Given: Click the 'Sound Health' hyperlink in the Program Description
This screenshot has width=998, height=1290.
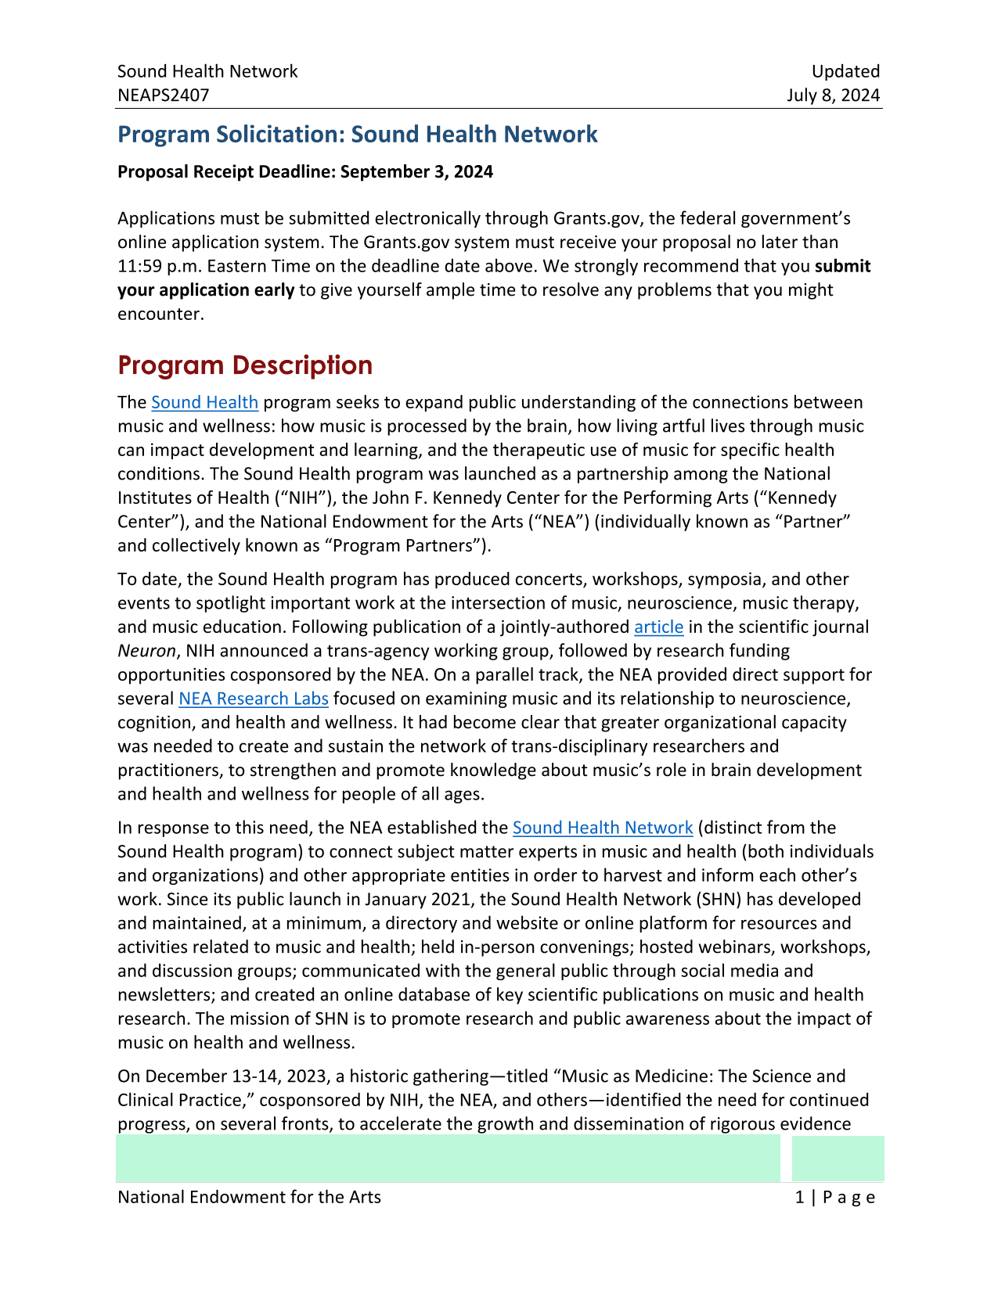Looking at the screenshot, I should click(x=204, y=402).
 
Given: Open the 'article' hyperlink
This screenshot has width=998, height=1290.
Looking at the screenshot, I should click(x=658, y=627).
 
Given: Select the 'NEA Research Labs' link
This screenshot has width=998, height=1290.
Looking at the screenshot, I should click(x=253, y=699).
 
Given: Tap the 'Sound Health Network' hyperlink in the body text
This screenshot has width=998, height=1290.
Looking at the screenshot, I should click(x=603, y=828).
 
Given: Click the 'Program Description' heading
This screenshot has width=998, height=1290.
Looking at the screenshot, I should click(x=245, y=365).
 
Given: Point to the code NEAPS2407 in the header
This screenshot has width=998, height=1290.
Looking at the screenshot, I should click(x=164, y=95).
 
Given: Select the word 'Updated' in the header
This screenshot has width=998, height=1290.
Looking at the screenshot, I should click(x=845, y=71).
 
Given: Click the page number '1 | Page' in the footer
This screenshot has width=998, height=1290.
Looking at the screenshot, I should click(x=834, y=1197).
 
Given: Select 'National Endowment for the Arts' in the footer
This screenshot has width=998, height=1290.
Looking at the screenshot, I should click(x=249, y=1197).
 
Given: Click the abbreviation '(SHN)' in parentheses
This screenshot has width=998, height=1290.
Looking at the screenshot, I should click(x=715, y=900).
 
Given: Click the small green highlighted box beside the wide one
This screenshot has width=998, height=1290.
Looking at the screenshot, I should click(x=838, y=1159).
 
